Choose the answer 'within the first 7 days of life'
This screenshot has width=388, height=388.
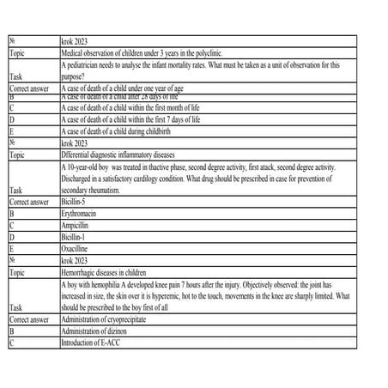point(130,120)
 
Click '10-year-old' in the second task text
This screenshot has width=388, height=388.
point(88,167)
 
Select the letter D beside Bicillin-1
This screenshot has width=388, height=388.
point(12,234)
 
